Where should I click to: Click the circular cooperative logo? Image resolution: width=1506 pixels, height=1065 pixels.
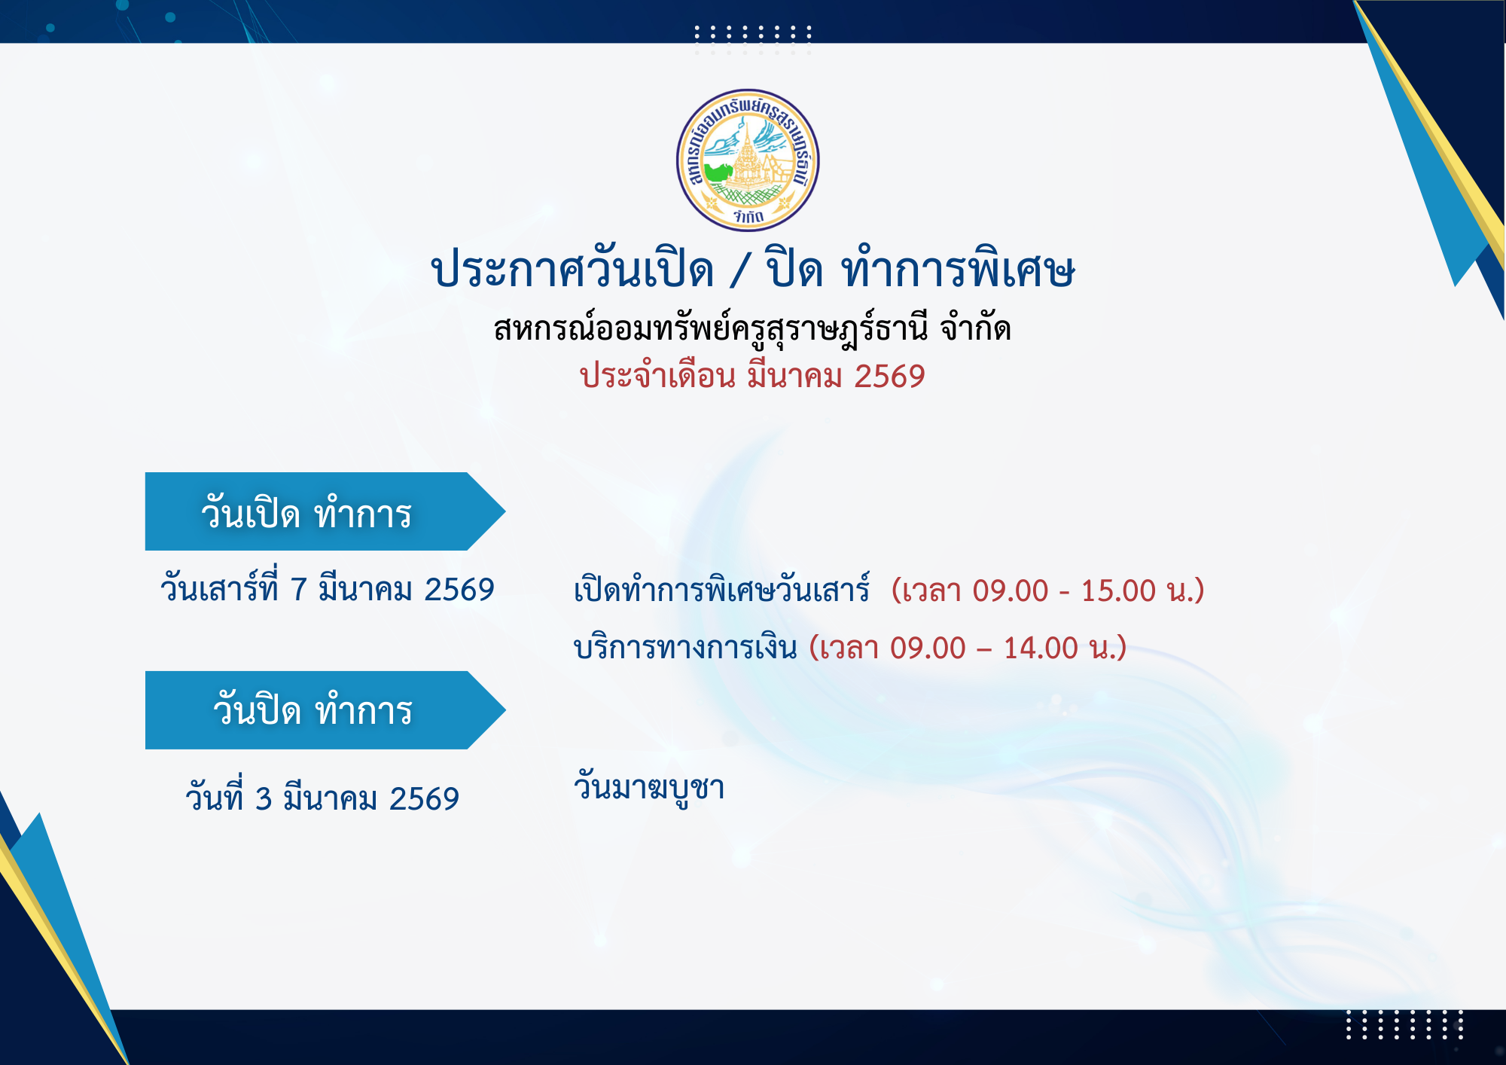748,160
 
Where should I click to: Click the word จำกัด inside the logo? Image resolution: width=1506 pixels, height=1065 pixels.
748,217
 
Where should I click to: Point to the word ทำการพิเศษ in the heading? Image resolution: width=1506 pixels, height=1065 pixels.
958,267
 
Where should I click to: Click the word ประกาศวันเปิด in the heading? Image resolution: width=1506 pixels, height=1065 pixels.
572,267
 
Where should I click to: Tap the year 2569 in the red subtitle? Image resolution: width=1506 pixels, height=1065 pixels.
889,376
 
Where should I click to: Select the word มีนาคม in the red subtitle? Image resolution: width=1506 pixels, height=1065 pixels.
794,374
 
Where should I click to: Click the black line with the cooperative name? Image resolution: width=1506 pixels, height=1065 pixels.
752,328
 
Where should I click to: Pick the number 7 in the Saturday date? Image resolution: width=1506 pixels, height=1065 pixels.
299,590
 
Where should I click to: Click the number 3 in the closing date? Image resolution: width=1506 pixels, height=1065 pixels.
264,799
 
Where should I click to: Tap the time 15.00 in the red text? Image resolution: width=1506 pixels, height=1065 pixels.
1118,591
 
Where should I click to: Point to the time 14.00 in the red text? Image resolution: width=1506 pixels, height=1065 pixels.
1041,648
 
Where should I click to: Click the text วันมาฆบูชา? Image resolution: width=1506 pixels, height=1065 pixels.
649,788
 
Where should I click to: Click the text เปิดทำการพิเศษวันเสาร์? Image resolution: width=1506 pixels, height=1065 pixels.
721,588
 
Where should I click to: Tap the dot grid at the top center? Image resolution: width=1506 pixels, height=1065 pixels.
752,39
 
